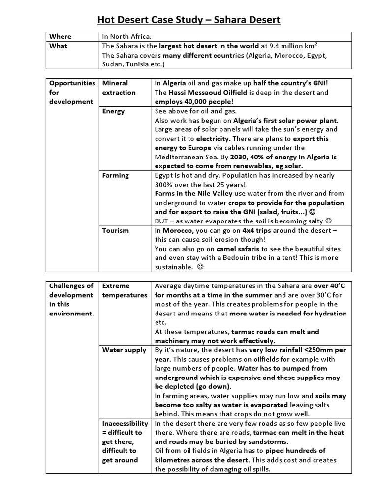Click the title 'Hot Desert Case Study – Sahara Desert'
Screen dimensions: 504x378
coord(189,20)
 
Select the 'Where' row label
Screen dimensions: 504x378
coord(60,36)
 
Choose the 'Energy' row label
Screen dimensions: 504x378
coord(113,111)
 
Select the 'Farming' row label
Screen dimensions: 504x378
coord(115,175)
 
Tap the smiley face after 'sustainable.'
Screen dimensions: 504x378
coord(200,267)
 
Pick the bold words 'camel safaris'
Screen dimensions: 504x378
coord(237,249)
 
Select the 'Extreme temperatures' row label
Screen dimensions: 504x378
coord(125,290)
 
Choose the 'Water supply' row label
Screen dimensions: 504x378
coord(124,350)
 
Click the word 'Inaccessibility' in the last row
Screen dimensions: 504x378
coord(125,423)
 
